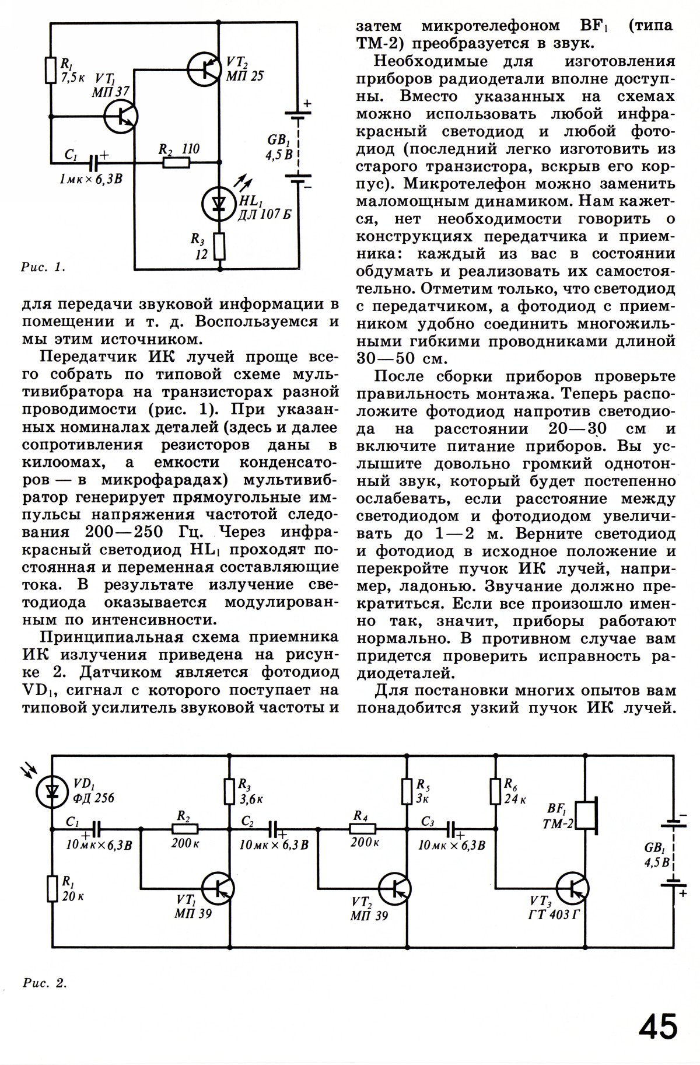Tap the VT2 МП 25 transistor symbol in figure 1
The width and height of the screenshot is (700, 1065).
click(205, 69)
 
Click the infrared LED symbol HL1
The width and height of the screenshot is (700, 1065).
click(219, 202)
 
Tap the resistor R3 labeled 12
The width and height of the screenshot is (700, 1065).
click(219, 246)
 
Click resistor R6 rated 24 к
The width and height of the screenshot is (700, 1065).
click(495, 790)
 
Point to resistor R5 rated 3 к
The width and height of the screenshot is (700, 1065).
click(407, 790)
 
